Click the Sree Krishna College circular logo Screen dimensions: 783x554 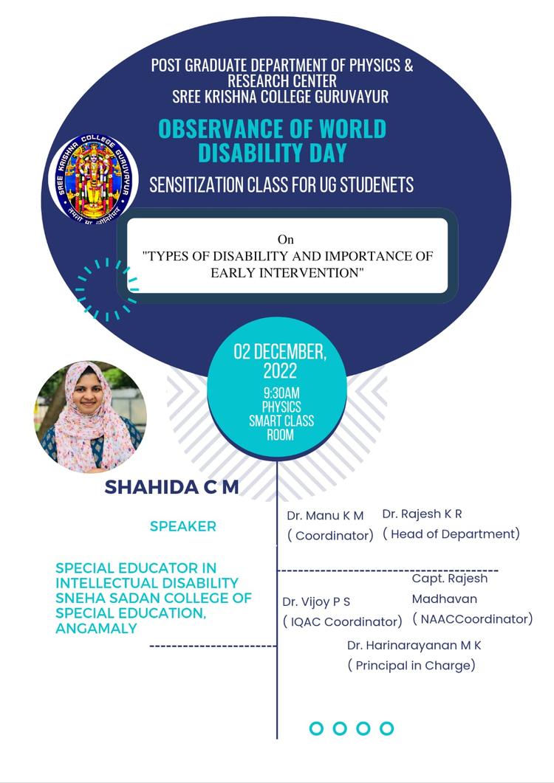point(94,179)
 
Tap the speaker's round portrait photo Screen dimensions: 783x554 point(90,416)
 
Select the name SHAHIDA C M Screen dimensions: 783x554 point(171,488)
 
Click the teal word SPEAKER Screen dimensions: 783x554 point(182,526)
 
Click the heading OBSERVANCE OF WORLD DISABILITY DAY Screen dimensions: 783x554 point(272,140)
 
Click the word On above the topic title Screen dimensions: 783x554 point(285,239)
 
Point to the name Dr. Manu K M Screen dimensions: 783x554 point(326,515)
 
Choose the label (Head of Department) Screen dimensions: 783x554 point(451,534)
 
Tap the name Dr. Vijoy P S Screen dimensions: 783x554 point(316,601)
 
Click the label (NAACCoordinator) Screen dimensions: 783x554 point(472,619)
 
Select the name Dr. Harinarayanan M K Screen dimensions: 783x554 point(414,645)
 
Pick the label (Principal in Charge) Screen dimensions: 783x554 point(411,665)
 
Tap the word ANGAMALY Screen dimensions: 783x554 point(97,629)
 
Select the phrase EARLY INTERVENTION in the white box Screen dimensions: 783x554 point(288,273)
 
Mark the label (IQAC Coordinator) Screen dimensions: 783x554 point(343,621)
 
